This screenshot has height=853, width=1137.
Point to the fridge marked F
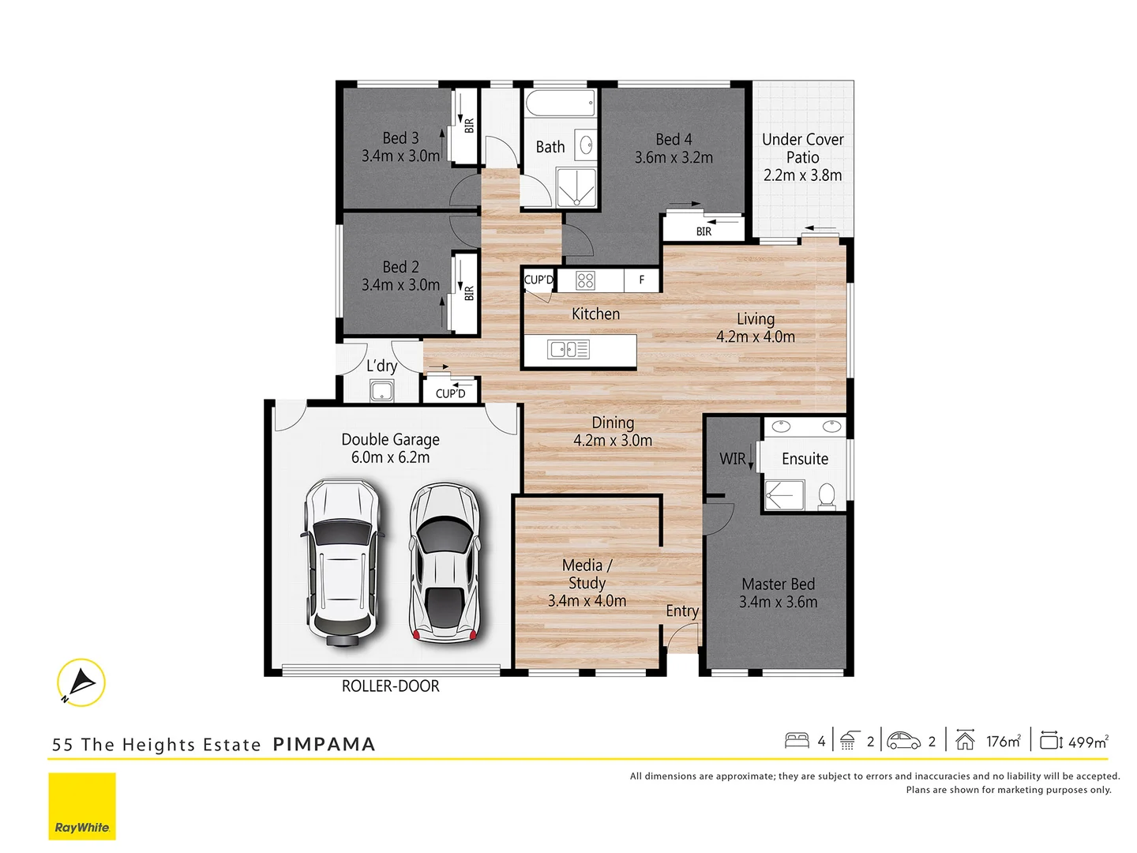[641, 280]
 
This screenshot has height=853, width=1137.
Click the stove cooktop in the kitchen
[585, 280]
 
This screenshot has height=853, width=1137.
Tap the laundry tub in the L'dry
[381, 391]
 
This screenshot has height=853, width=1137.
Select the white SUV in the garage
[343, 562]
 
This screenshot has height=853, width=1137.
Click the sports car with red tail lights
[444, 562]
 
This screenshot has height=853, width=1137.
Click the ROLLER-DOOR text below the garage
[390, 686]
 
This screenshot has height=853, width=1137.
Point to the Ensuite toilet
[827, 496]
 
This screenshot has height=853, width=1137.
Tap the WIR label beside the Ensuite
[732, 459]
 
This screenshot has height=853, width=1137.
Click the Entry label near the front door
[681, 611]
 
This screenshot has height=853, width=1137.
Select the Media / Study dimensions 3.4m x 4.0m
[587, 601]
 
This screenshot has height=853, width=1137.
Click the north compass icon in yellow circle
[81, 682]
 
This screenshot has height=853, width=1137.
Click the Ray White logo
[82, 806]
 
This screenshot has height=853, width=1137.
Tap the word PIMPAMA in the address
[324, 745]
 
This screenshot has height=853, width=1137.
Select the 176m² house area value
[1003, 741]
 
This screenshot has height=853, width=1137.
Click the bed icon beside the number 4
[797, 740]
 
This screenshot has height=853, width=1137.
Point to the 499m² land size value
[1087, 742]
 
